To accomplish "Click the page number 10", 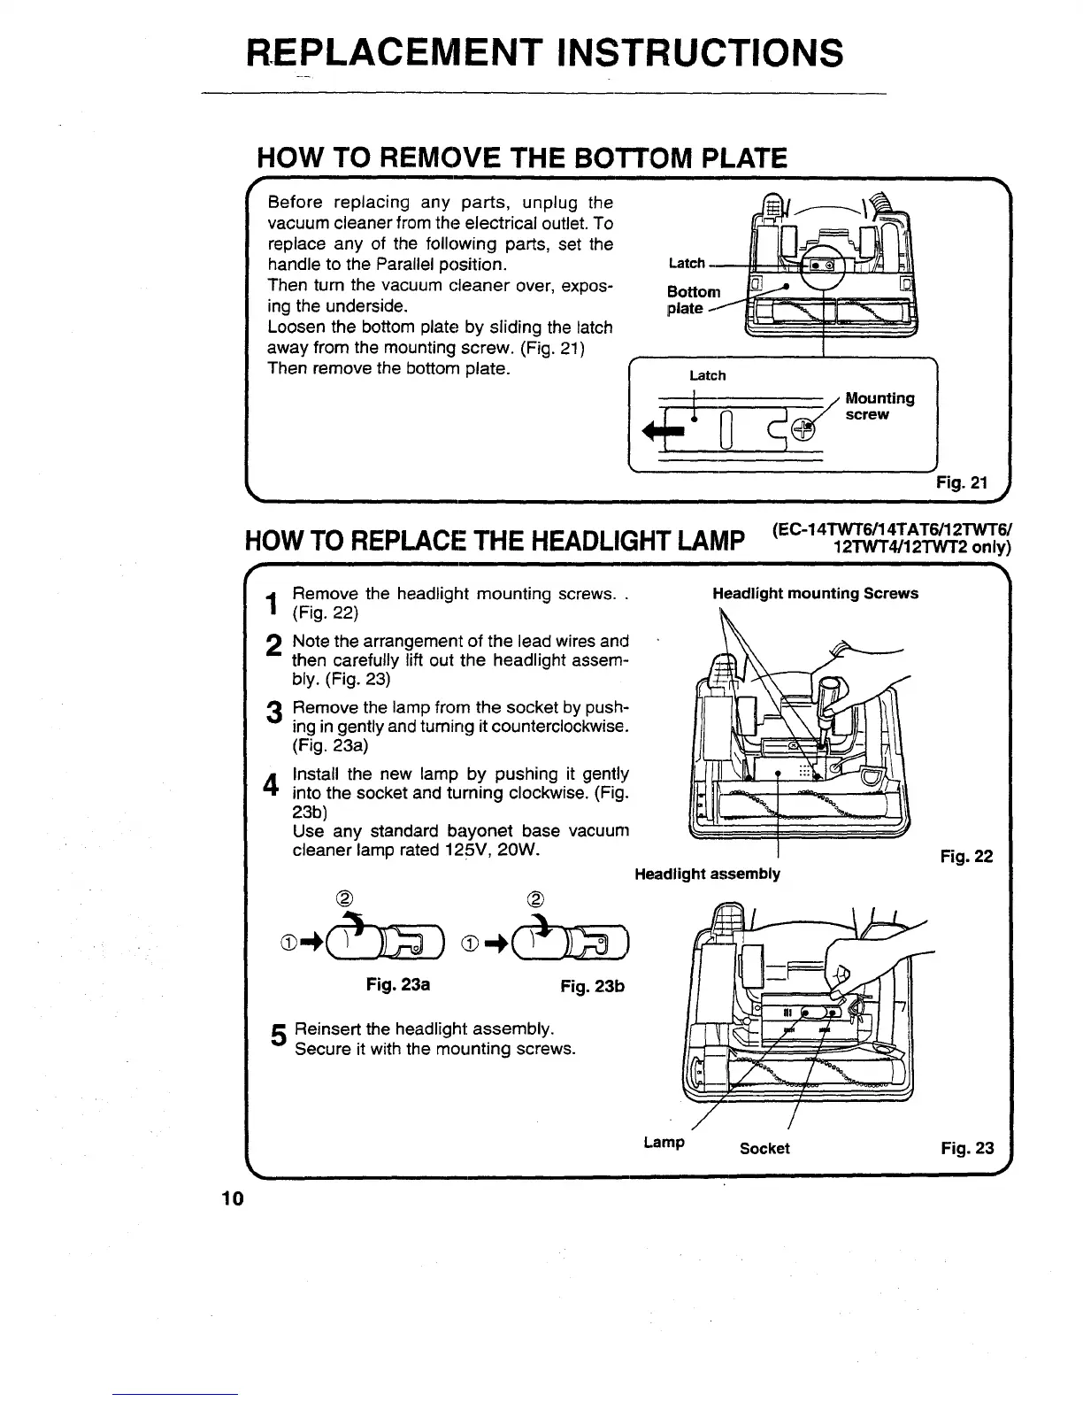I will pyautogui.click(x=232, y=1198).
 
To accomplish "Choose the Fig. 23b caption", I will pyautogui.click(x=592, y=986).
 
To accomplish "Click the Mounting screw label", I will pyautogui.click(x=879, y=406).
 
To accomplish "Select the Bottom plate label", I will pyautogui.click(x=694, y=300).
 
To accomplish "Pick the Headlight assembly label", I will pyautogui.click(x=708, y=874).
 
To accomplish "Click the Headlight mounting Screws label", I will pyautogui.click(x=815, y=593).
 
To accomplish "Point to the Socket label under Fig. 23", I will pyautogui.click(x=764, y=1148).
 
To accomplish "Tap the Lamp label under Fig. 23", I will pyautogui.click(x=664, y=1142).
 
